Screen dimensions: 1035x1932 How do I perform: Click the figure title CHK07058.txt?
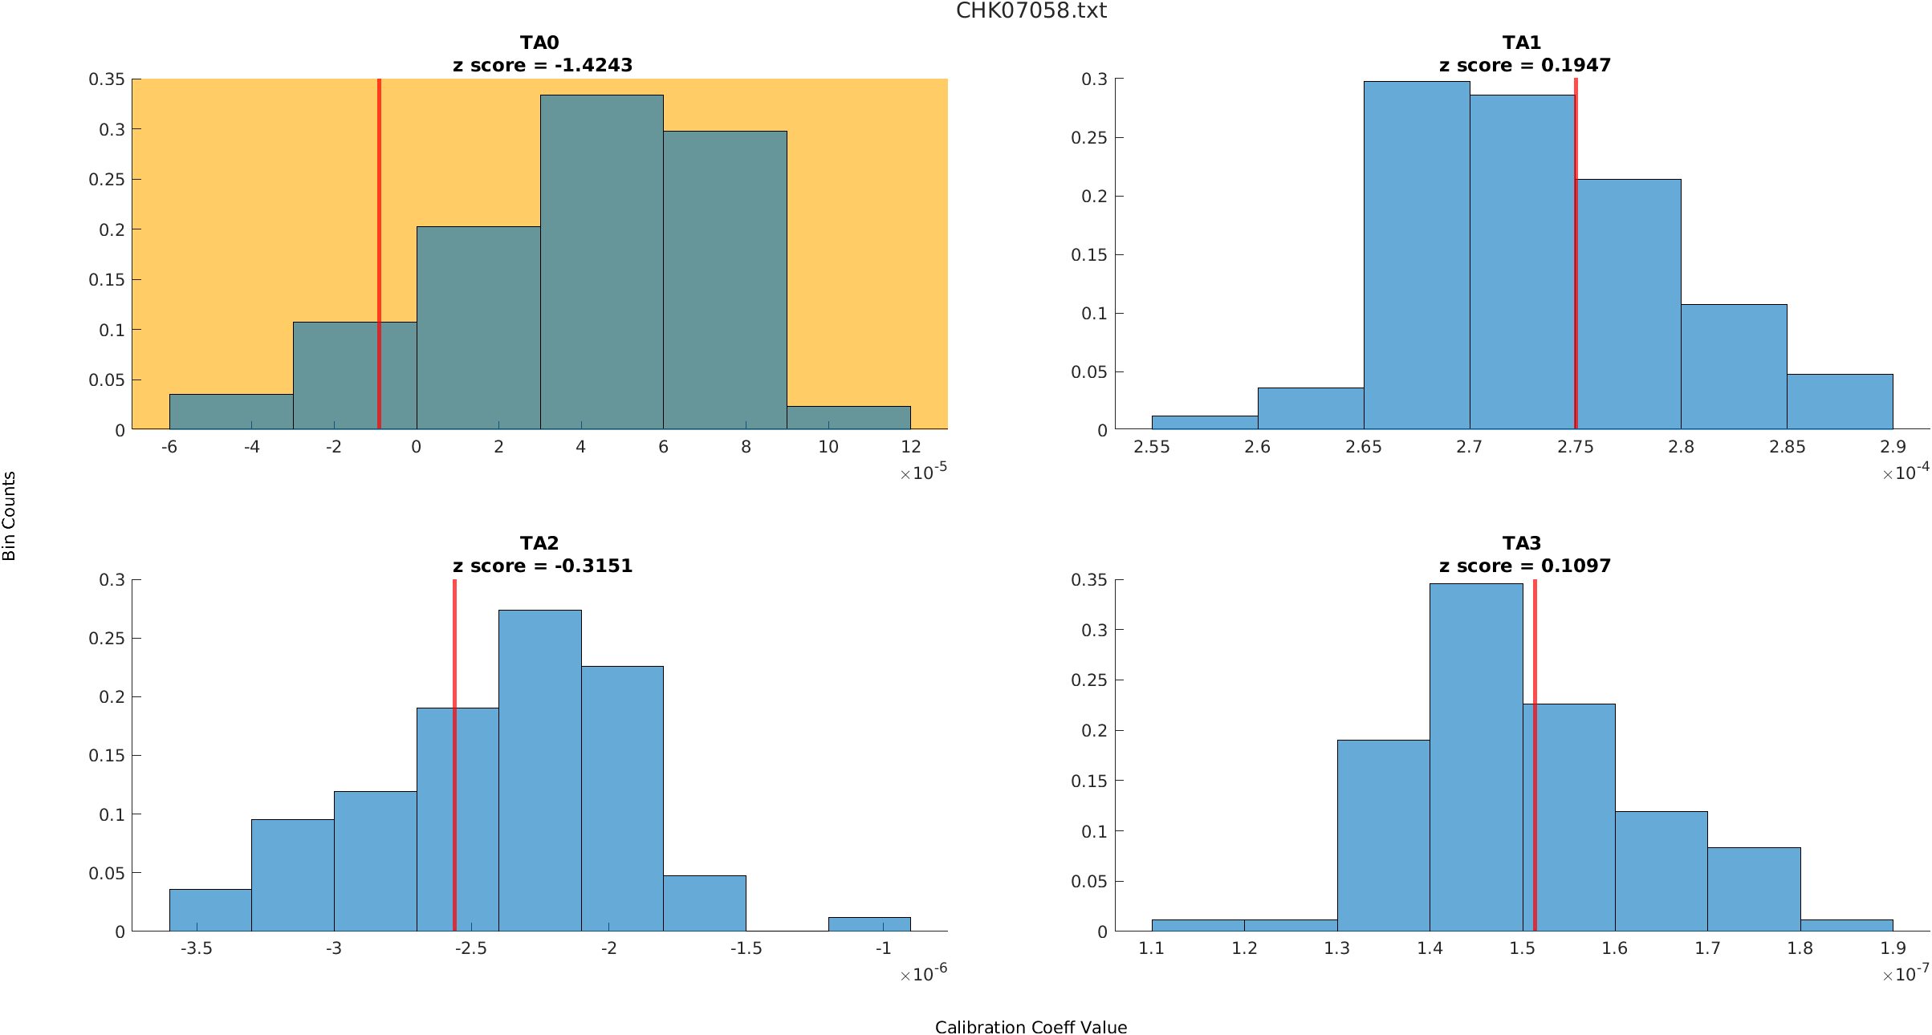pyautogui.click(x=1031, y=10)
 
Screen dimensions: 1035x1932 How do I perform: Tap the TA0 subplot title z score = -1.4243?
pyautogui.click(x=543, y=65)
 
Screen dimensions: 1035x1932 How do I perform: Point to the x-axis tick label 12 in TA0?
pyautogui.click(x=910, y=447)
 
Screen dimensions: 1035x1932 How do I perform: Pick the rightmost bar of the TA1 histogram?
pyautogui.click(x=1840, y=402)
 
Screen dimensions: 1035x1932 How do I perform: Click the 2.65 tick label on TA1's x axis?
pyautogui.click(x=1363, y=447)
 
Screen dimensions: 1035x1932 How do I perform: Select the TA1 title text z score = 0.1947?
pyautogui.click(x=1524, y=65)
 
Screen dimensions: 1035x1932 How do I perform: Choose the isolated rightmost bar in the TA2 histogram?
pyautogui.click(x=869, y=924)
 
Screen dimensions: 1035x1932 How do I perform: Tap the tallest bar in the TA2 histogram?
pyautogui.click(x=539, y=770)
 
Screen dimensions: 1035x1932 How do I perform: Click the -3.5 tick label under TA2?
pyautogui.click(x=196, y=948)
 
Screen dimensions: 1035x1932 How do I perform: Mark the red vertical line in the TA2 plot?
pyautogui.click(x=454, y=802)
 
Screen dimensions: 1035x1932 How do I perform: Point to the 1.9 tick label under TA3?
pyautogui.click(x=1893, y=948)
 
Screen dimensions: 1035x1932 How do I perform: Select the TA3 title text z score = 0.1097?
pyautogui.click(x=1524, y=566)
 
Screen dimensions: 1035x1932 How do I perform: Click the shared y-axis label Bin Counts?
pyautogui.click(x=9, y=515)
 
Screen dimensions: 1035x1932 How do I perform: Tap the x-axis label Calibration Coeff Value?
pyautogui.click(x=1031, y=1027)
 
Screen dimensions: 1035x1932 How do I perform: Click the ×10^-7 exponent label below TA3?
pyautogui.click(x=1905, y=974)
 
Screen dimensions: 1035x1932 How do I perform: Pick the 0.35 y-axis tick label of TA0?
pyautogui.click(x=107, y=79)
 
